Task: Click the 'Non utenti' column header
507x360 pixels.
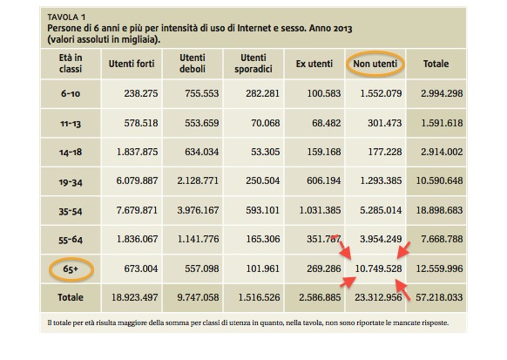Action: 375,64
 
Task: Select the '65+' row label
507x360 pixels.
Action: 71,268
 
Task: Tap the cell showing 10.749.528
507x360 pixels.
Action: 378,268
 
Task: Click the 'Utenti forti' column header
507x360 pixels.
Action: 132,64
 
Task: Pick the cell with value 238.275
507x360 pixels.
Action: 141,93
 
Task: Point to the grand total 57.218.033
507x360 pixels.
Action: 439,297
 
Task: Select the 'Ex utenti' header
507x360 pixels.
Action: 314,64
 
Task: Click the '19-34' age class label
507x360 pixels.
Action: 71,182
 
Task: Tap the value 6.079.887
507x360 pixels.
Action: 137,180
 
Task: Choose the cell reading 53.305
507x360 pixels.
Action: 266,152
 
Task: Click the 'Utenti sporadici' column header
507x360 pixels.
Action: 253,64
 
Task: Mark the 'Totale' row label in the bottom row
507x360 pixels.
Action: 71,297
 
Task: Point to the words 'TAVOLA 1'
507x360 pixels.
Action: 66,17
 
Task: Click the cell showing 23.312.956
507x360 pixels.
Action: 378,297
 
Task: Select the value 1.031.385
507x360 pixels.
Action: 320,210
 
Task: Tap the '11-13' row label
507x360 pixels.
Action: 71,124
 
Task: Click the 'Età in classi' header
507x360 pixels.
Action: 71,64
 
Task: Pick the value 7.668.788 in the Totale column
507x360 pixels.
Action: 442,239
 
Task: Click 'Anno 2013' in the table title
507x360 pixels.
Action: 330,29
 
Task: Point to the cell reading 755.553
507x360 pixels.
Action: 202,93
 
